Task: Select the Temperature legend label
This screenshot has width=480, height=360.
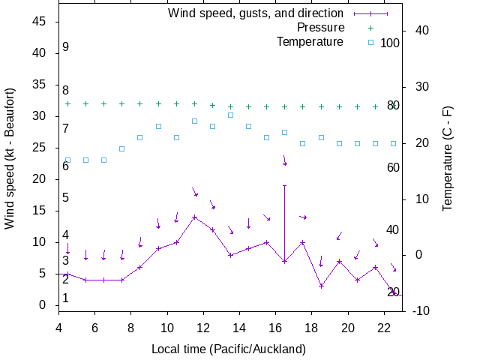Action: coord(310,41)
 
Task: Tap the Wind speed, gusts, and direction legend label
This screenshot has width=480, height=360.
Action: coord(256,13)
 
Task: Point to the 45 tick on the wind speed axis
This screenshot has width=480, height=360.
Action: coord(41,22)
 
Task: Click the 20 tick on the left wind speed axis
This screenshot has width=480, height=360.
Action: coord(41,179)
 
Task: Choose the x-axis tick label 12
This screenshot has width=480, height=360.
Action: coord(203,328)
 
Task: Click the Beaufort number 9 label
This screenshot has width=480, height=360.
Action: coord(66,47)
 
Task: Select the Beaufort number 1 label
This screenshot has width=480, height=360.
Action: coord(66,298)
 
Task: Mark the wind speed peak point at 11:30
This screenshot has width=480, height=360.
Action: coord(194,217)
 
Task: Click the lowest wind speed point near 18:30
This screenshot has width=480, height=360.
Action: coord(321,286)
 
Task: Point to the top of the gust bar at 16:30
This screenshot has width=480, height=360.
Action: coord(284,185)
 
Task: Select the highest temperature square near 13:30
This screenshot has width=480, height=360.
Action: coord(230,115)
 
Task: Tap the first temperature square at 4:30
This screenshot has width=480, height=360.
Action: coord(67,160)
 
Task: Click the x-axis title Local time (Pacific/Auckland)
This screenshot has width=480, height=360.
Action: coord(229,349)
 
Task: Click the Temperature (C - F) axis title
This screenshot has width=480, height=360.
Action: coord(448,157)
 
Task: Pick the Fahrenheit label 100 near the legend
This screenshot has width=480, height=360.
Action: coord(390,43)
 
